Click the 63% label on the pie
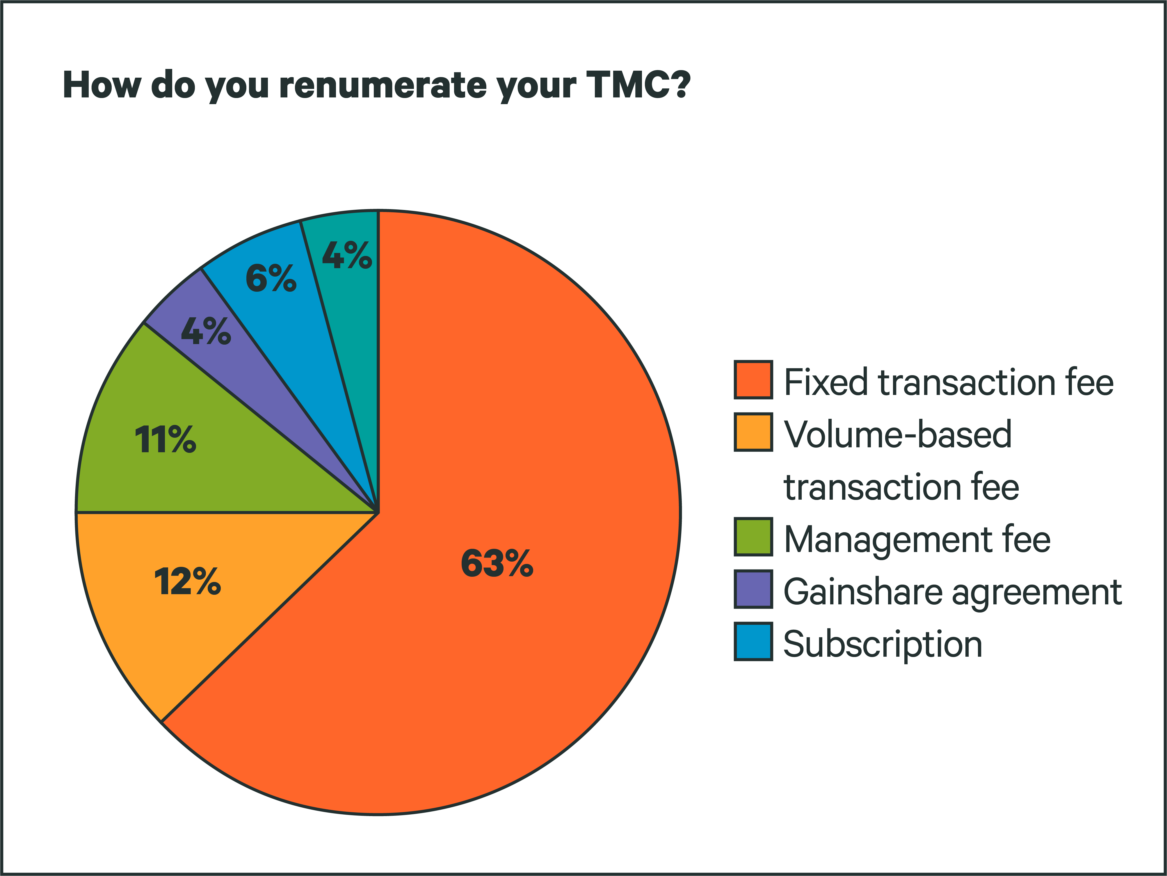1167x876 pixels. pos(497,563)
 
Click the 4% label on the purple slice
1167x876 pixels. pos(206,331)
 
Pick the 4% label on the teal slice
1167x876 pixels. pos(347,255)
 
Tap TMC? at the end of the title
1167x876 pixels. pos(638,84)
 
